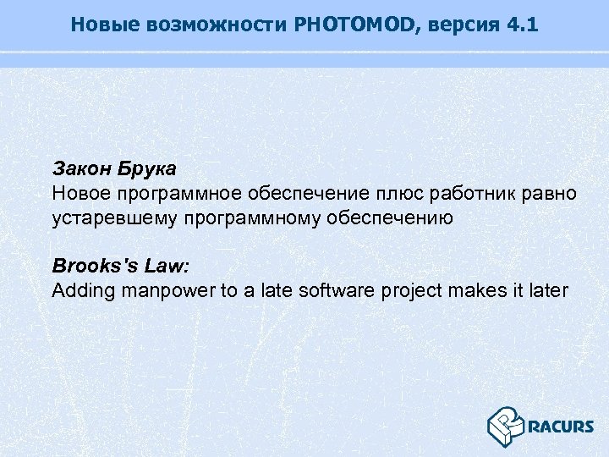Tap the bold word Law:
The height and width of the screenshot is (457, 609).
[x=167, y=266]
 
